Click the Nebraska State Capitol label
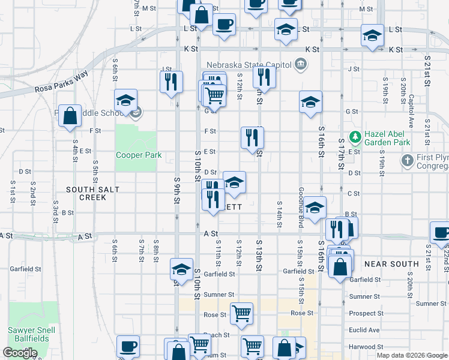[249, 65]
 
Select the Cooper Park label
[139, 155]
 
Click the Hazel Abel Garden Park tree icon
[355, 137]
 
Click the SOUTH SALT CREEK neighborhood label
[93, 193]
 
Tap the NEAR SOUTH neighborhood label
[391, 264]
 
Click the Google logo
[20, 353]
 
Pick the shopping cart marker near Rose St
[241, 313]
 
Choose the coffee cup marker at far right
[441, 233]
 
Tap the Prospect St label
[366, 313]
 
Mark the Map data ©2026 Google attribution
[412, 355]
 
